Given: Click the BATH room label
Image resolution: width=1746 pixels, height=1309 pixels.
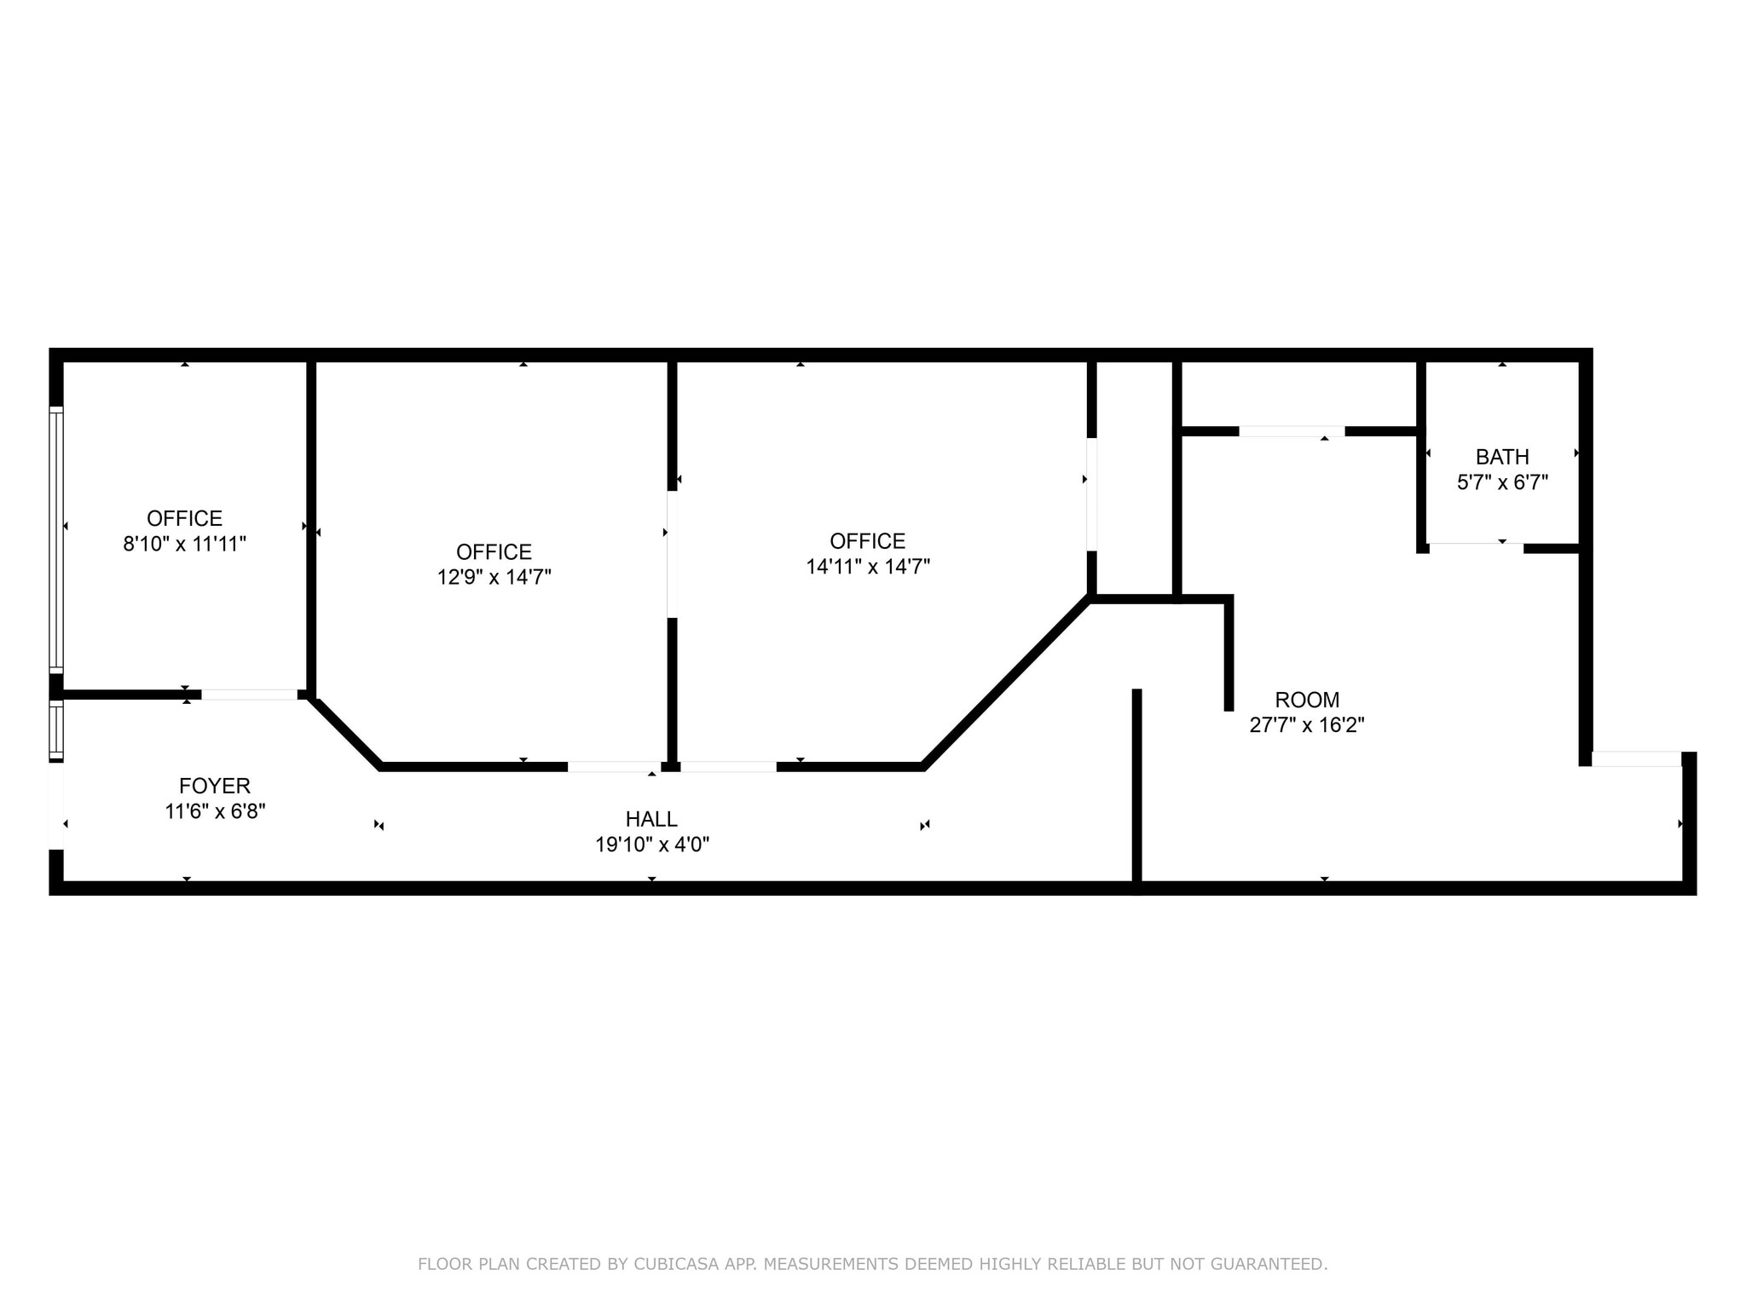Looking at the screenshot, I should click(x=1502, y=457).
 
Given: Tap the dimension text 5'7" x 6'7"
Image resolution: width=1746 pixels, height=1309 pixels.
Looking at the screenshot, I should click(x=1502, y=482).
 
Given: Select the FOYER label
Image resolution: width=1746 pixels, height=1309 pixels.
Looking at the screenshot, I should click(x=215, y=786).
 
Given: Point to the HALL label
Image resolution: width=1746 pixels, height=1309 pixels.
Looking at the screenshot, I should click(x=651, y=819).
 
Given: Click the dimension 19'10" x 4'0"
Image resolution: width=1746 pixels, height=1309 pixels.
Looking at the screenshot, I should click(x=651, y=845).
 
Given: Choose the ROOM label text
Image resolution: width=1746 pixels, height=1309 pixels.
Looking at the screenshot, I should click(x=1307, y=700).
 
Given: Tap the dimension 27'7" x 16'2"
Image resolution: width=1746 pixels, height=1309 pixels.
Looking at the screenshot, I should click(x=1307, y=725).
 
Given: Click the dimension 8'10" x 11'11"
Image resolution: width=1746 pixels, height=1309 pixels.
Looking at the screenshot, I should click(x=185, y=544).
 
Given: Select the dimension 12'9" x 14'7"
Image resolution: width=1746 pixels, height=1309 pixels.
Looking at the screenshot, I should click(x=494, y=577).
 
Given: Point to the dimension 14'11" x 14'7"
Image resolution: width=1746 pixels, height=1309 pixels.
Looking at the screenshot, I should click(x=868, y=566).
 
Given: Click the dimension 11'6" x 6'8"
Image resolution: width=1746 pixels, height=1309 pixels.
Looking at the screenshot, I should click(x=215, y=811).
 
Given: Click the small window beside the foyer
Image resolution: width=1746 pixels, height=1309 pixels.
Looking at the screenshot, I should click(x=56, y=729).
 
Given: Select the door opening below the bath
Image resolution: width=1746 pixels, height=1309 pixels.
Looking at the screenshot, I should click(x=1475, y=547).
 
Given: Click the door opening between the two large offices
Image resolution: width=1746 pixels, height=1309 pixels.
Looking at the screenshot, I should click(x=672, y=554).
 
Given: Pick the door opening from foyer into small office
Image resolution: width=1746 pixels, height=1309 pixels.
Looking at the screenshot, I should click(x=249, y=695).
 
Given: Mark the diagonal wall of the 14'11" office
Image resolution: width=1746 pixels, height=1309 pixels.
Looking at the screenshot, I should click(x=1006, y=682).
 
